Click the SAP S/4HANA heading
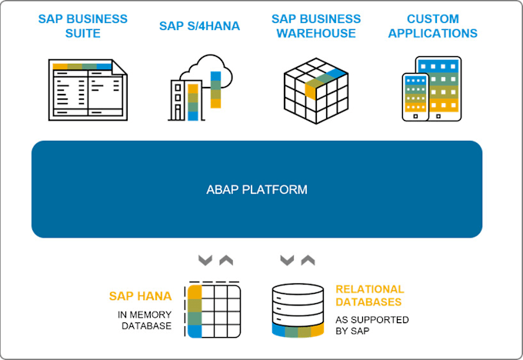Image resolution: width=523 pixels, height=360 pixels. (x=199, y=26)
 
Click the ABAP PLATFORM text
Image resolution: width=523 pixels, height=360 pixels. (x=256, y=189)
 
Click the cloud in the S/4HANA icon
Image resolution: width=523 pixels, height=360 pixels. (x=202, y=69)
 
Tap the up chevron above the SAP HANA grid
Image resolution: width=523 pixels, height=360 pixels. (x=225, y=260)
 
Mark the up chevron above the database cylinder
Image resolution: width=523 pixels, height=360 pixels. (x=308, y=260)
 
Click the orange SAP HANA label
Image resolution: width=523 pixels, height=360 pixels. (x=140, y=295)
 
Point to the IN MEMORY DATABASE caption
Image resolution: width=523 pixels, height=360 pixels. (x=145, y=319)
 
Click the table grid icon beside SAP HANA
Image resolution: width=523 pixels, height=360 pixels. (x=213, y=310)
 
